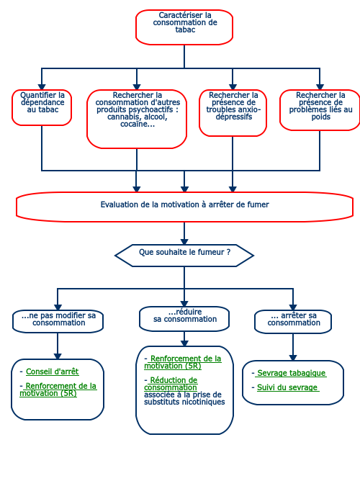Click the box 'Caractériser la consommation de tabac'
(x=184, y=27)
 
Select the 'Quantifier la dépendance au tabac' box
(x=42, y=107)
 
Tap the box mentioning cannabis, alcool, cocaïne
(x=137, y=119)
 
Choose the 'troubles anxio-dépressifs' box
(x=233, y=113)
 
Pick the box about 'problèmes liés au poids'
(x=320, y=110)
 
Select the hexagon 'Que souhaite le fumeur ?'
(x=184, y=256)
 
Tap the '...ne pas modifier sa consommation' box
(x=58, y=321)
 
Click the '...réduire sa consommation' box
(x=184, y=318)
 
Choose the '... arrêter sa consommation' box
(x=293, y=321)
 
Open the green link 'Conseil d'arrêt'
(x=52, y=372)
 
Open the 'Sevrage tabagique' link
(x=291, y=373)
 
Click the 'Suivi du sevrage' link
(x=288, y=387)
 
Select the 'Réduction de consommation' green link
(x=172, y=384)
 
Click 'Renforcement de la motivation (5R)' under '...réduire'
(x=183, y=362)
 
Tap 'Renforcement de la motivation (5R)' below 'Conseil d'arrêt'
(x=58, y=390)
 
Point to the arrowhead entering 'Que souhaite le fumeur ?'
(x=184, y=241)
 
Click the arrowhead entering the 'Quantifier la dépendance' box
(x=42, y=87)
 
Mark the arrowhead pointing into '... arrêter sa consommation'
(x=293, y=307)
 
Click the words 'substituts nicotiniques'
(x=184, y=402)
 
